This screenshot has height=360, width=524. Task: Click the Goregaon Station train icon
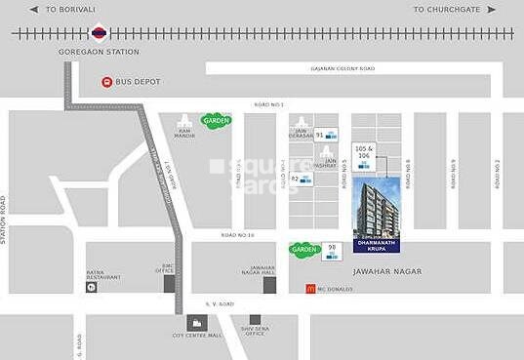[x=98, y=32]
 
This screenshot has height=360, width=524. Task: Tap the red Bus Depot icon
[x=105, y=82]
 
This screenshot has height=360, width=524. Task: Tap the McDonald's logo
[x=310, y=288]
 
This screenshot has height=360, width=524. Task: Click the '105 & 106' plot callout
[x=364, y=152]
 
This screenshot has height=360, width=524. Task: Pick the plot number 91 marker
[x=325, y=135]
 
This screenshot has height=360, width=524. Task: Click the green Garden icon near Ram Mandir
[x=216, y=120]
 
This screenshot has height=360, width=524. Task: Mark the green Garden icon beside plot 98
[x=304, y=250]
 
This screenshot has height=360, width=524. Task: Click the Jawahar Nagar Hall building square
[x=268, y=284]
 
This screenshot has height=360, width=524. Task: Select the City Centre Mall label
[x=195, y=336]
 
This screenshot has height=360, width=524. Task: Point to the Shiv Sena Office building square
[x=255, y=320]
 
